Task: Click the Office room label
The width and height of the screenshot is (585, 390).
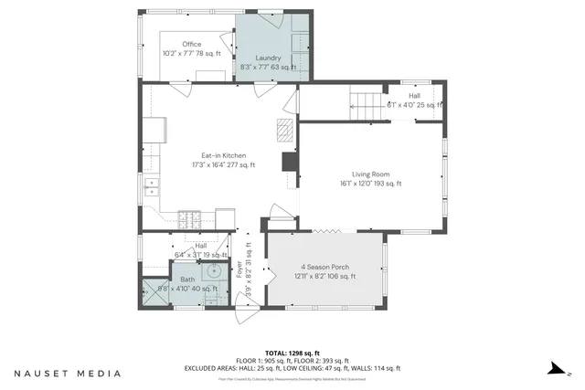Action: click(191, 44)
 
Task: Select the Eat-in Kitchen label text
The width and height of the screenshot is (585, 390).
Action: click(223, 155)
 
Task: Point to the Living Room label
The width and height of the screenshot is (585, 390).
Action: click(371, 174)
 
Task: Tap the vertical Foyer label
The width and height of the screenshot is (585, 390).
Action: click(240, 271)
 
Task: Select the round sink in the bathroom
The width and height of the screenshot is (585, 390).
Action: click(214, 270)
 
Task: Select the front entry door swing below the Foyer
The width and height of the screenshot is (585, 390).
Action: click(245, 313)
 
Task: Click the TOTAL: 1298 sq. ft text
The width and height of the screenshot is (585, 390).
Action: click(292, 352)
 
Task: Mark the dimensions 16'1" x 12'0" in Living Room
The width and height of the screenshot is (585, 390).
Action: click(371, 184)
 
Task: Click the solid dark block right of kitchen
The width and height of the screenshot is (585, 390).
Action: click(289, 162)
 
